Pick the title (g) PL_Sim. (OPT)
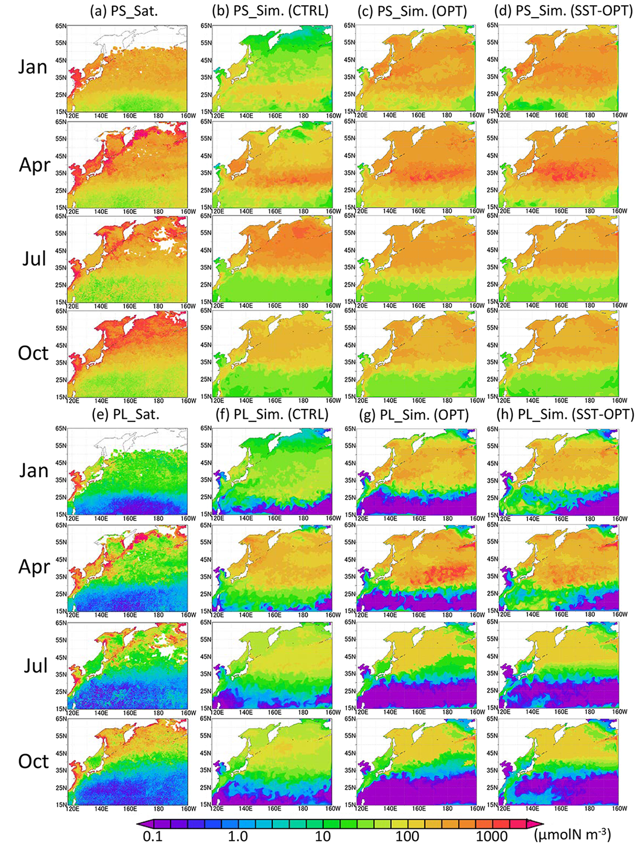[x=415, y=414]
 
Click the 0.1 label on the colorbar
[x=150, y=836]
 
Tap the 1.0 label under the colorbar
[x=238, y=836]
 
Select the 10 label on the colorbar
[x=323, y=836]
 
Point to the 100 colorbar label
[x=407, y=836]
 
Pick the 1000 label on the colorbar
[x=492, y=836]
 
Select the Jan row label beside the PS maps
[x=33, y=67]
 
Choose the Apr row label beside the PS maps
[x=35, y=165]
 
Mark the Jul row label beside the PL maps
[x=33, y=665]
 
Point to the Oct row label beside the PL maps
[x=33, y=761]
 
